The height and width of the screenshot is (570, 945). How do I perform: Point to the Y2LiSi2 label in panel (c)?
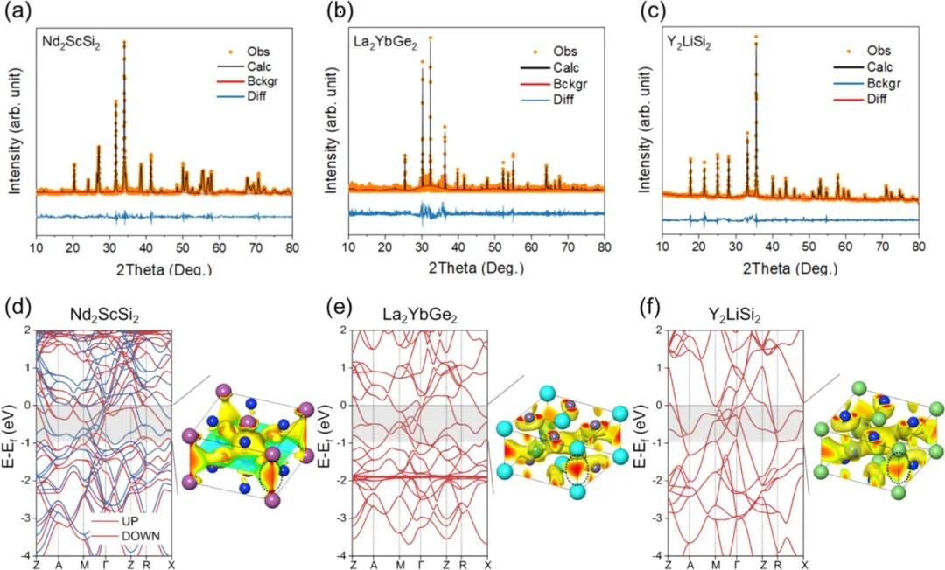click(695, 41)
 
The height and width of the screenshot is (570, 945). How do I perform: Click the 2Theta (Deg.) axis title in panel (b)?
click(477, 268)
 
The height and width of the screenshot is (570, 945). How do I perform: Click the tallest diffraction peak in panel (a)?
click(124, 42)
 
